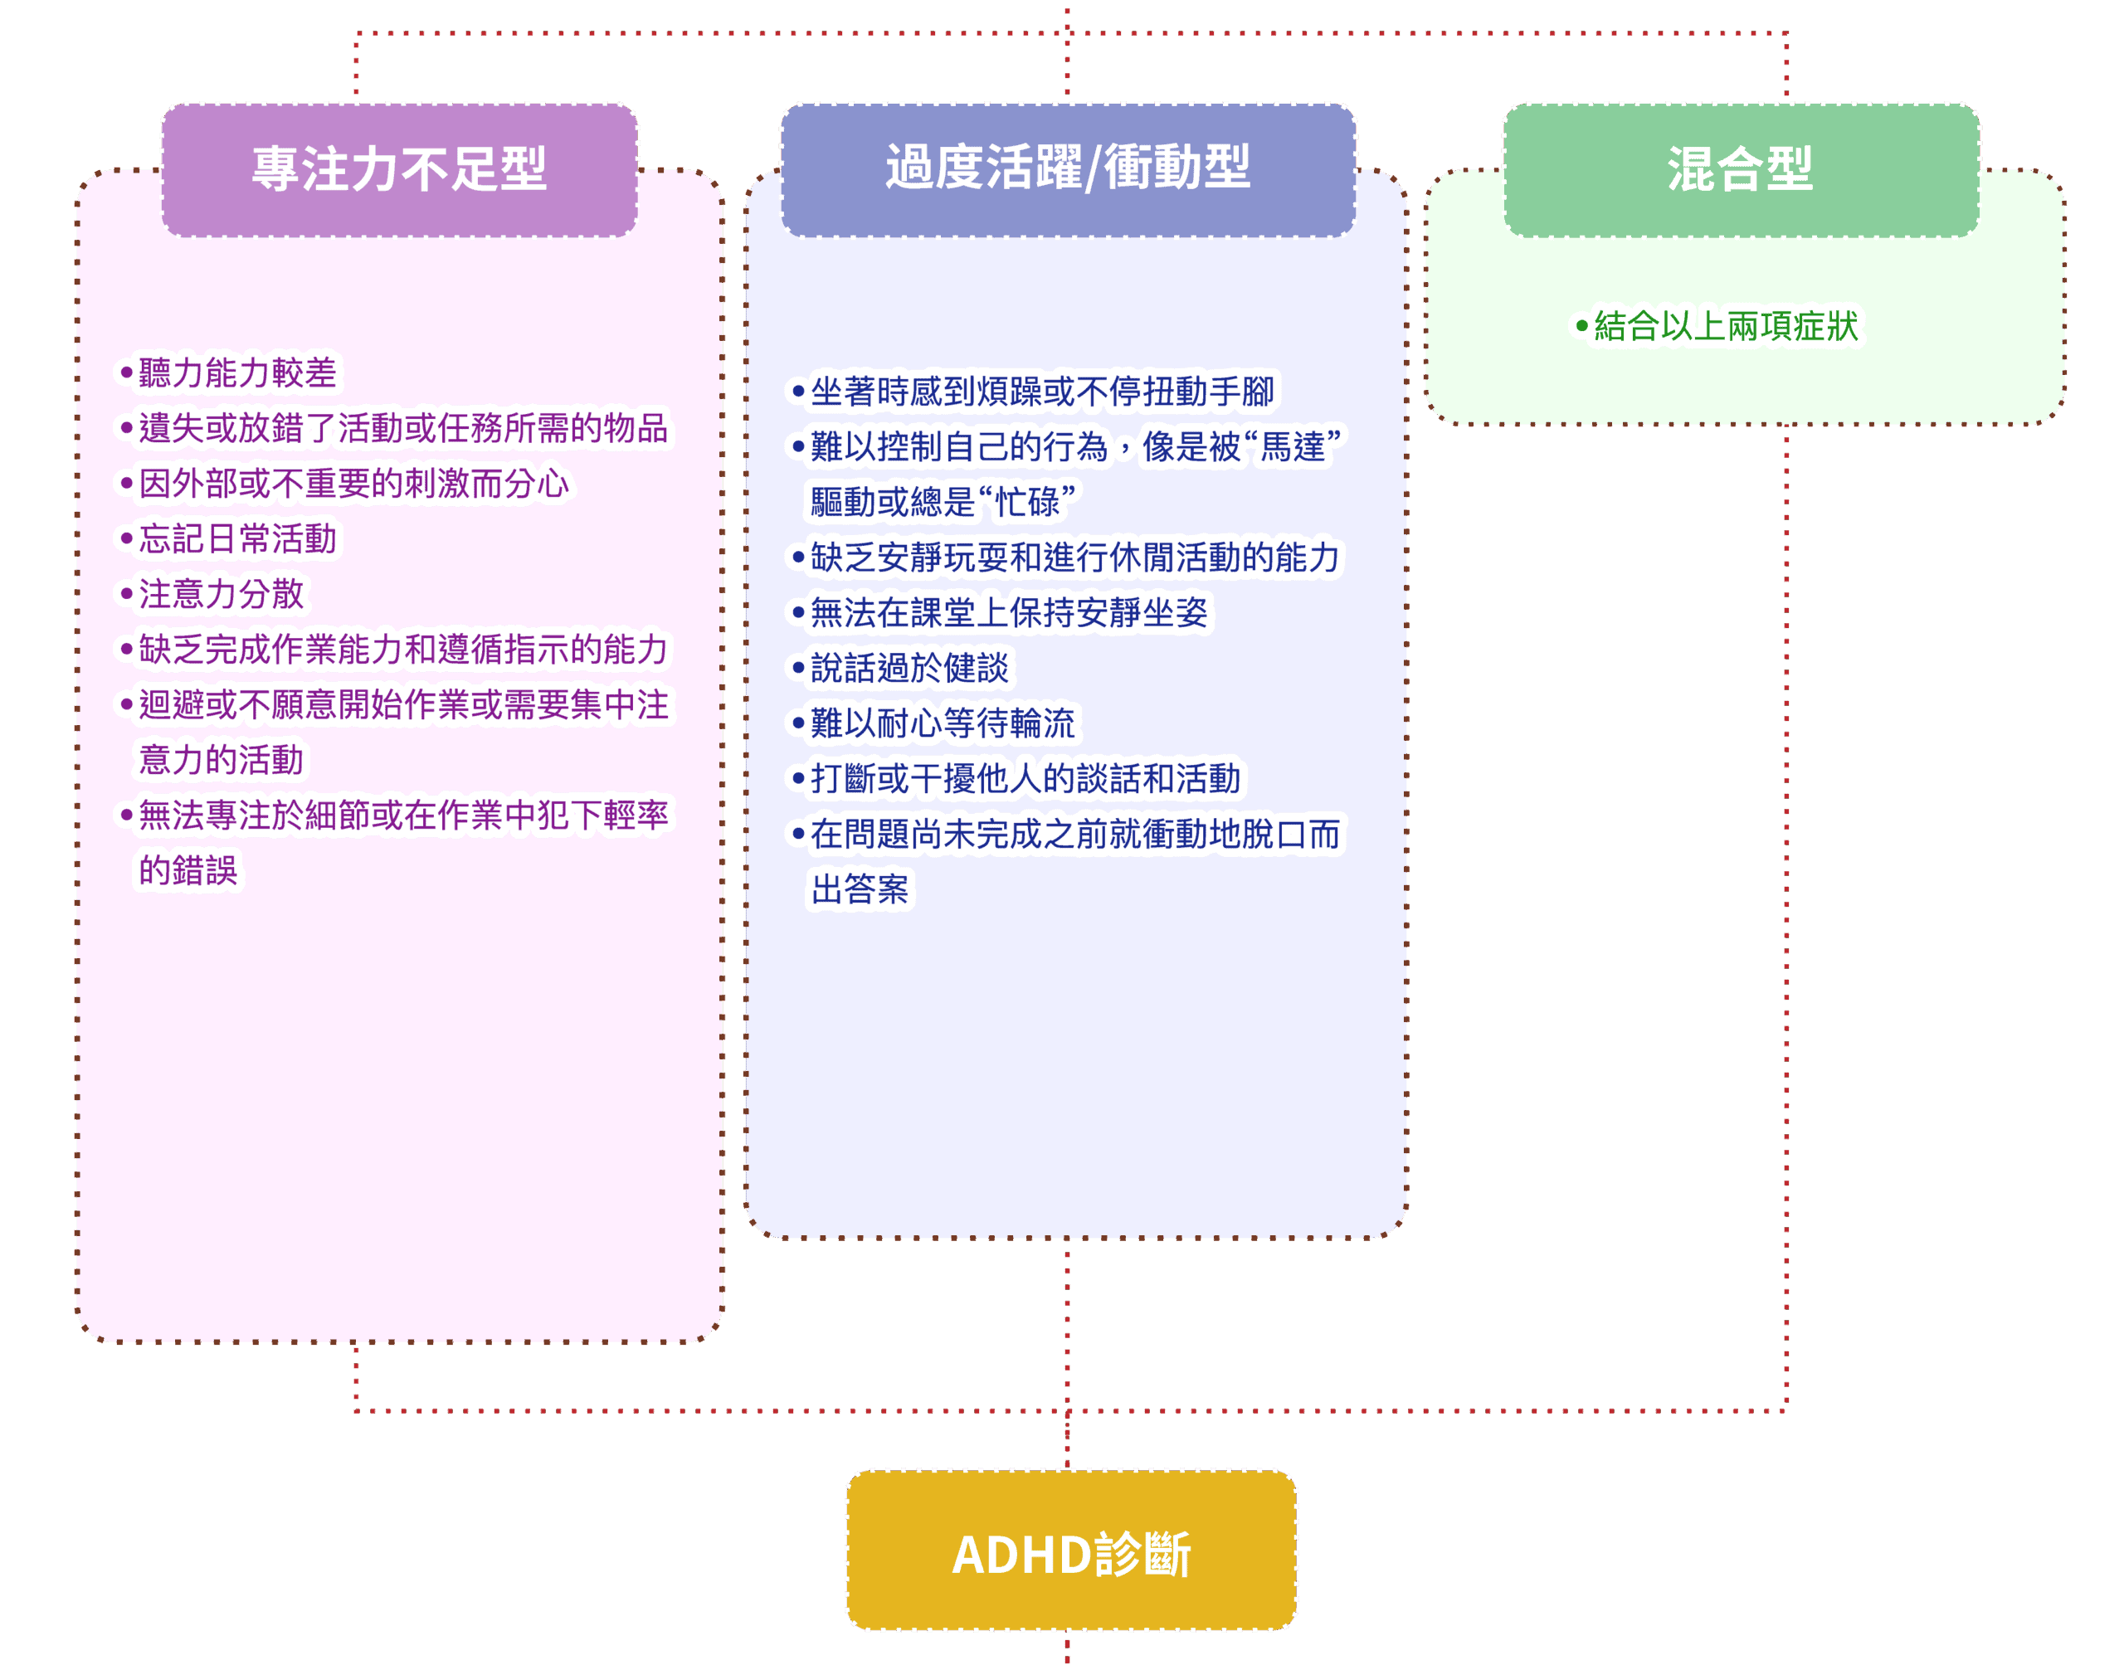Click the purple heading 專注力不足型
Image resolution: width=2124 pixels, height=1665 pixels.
[400, 169]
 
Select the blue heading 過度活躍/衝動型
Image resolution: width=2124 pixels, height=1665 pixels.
[1069, 168]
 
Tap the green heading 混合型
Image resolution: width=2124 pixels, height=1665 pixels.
[1741, 169]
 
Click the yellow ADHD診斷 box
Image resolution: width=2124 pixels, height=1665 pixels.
[1070, 1554]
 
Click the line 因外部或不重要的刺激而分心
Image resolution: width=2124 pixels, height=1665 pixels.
[353, 484]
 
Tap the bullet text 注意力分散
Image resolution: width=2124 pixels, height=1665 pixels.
[222, 595]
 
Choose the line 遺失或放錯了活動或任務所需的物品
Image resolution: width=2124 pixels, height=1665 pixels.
[402, 429]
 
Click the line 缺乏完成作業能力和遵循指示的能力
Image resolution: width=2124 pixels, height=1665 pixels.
[402, 650]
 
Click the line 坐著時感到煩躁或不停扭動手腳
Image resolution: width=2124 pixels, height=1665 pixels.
[1042, 392]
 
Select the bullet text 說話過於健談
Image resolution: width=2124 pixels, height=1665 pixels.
[909, 669]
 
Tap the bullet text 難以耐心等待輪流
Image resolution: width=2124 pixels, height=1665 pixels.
[943, 724]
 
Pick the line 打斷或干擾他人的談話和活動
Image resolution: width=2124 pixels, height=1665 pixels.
[1025, 779]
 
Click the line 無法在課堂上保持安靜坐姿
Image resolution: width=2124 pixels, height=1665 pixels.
[1009, 613]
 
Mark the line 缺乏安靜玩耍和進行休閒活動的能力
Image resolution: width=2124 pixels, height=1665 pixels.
[1075, 557]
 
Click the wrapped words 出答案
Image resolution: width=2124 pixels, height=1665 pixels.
[860, 890]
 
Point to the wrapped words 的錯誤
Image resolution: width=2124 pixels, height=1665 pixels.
[188, 870]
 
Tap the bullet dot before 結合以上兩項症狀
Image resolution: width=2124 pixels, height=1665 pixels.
[1582, 325]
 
